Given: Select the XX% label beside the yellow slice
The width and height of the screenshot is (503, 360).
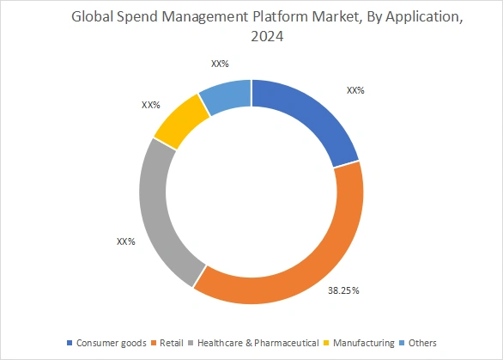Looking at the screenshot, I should (x=151, y=105).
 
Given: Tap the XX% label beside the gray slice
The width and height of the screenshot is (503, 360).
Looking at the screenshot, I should (x=125, y=241).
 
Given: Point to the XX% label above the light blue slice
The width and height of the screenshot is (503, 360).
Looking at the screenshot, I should (x=220, y=64).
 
